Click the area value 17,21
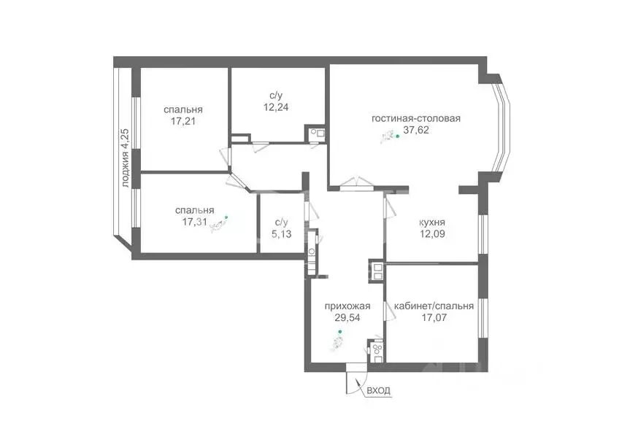point(183,122)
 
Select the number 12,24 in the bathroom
point(277,106)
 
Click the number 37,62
point(416,132)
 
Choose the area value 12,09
point(432,234)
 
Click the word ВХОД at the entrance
point(378,391)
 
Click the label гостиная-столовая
point(416,119)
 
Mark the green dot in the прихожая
point(339,333)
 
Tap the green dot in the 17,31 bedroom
point(226,217)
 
